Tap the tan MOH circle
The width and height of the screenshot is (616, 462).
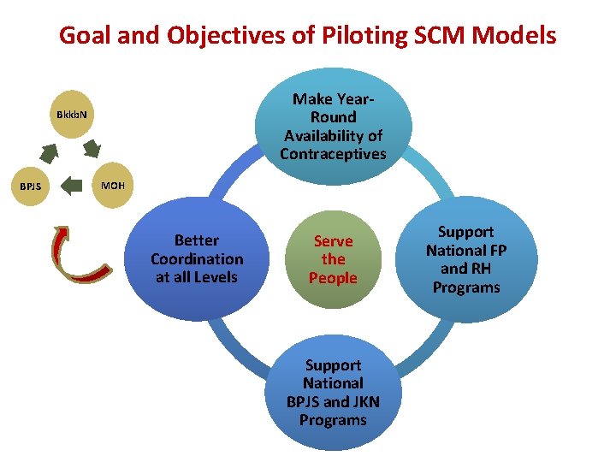[x=112, y=184]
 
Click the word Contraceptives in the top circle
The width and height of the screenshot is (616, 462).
[x=333, y=154]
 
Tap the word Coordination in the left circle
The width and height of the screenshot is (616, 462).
[x=197, y=258]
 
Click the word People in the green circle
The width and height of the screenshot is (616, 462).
[x=333, y=278]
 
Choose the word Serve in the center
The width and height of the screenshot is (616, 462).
[x=333, y=241]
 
